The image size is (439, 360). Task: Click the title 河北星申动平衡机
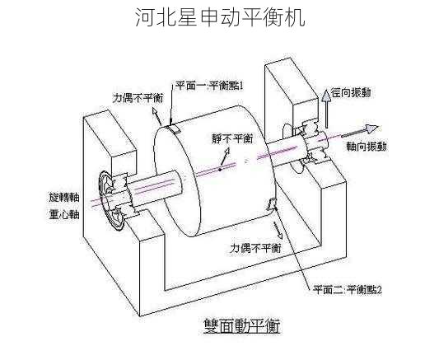[x=219, y=18]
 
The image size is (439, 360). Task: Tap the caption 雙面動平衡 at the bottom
[x=241, y=326]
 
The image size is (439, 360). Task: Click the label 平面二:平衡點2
[x=346, y=289]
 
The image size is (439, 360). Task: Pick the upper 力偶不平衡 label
[x=138, y=97]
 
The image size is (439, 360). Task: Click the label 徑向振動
[x=352, y=94]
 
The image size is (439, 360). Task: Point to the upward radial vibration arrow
[x=325, y=101]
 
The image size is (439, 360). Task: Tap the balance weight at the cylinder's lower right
[x=271, y=208]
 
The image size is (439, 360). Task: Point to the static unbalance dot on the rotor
[x=221, y=170]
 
